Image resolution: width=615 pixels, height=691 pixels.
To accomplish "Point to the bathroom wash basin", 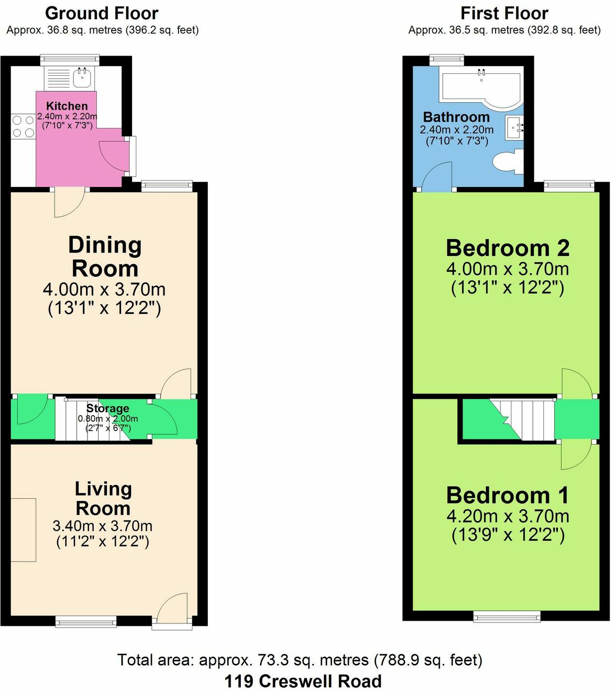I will tap(514, 127).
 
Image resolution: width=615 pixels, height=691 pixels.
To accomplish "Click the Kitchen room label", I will tap(67, 106).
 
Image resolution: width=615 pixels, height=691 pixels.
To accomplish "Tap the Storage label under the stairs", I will tap(107, 409).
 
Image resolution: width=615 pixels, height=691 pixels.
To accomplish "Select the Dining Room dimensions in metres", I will tap(104, 290).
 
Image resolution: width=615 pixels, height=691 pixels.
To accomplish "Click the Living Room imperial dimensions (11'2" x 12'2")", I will tap(102, 542).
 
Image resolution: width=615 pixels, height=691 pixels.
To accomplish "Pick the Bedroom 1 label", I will tap(507, 496).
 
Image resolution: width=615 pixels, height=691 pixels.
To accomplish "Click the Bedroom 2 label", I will tap(507, 248).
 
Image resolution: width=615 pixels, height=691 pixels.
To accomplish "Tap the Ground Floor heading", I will tap(102, 13).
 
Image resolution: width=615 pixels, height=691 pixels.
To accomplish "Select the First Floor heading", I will tap(504, 13).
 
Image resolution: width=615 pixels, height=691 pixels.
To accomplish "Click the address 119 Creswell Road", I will tap(303, 681).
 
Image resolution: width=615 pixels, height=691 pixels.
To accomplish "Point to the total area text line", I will tap(300, 660).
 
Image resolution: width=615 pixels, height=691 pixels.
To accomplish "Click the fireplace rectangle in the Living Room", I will tap(23, 530).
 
